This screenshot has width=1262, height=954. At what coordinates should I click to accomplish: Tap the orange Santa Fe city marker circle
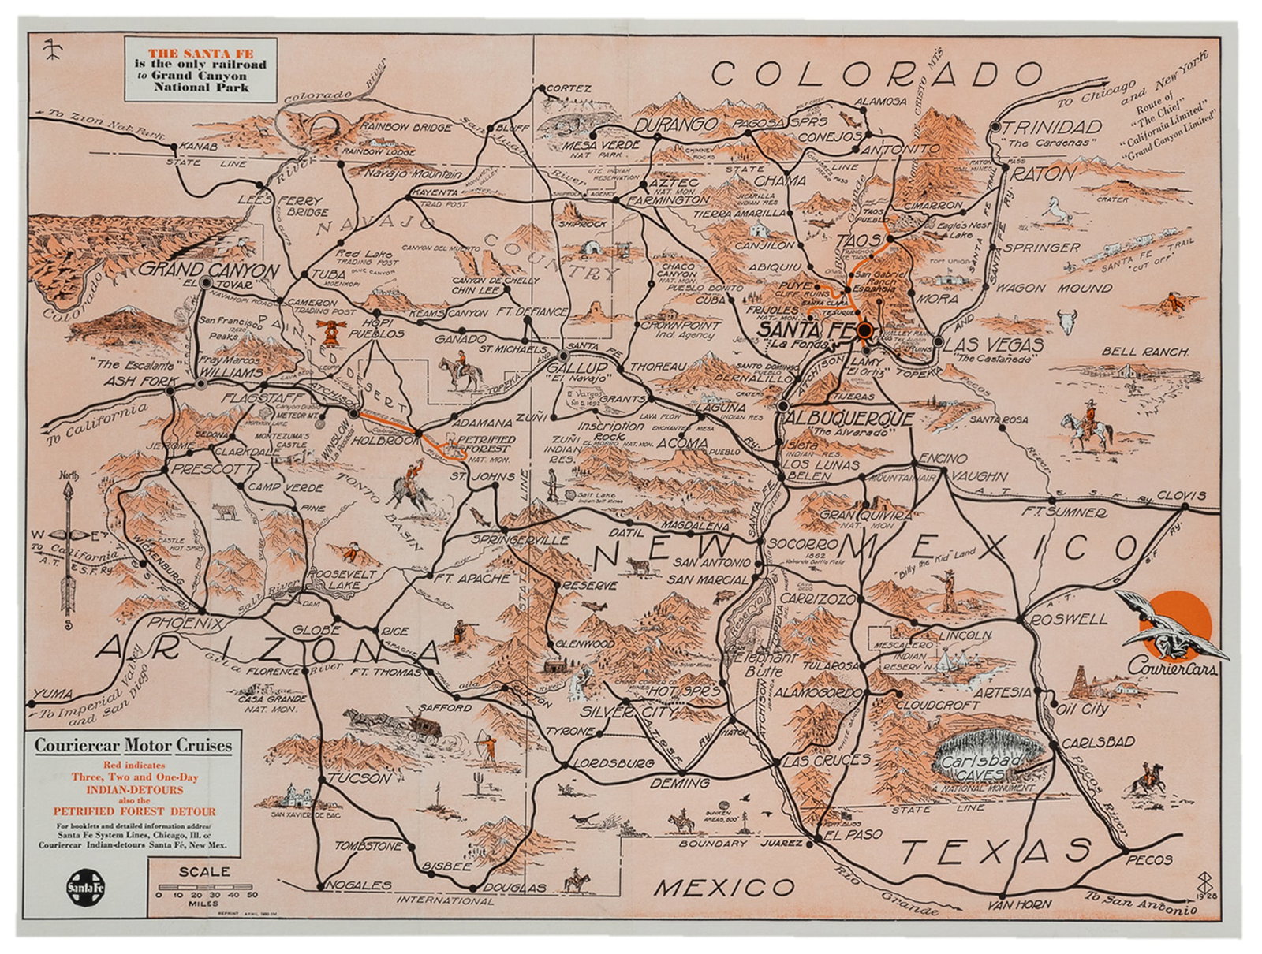click(865, 331)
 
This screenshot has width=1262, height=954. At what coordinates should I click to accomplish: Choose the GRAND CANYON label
click(210, 270)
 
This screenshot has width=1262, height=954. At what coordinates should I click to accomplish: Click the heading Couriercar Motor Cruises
click(133, 745)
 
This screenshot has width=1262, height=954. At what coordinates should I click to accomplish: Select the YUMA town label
click(57, 694)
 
